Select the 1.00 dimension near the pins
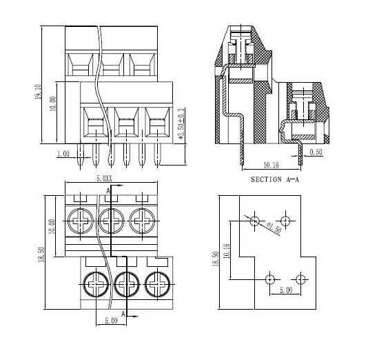point(63,154)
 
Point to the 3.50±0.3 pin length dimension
point(181,125)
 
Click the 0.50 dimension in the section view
point(316,152)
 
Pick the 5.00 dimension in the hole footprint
point(284,291)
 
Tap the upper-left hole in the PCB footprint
point(255,221)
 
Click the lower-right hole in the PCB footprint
point(300,279)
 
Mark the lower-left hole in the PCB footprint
point(269,279)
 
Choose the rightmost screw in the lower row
point(154,282)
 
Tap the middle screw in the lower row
point(125,282)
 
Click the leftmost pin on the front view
point(81,158)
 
